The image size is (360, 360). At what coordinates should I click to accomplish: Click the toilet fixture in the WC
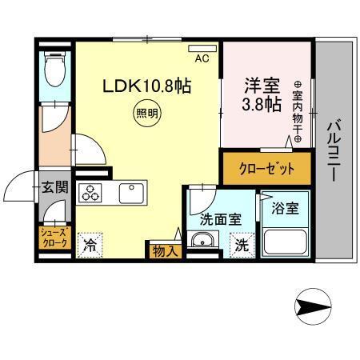(x=54, y=73)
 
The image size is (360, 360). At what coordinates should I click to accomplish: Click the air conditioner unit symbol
(x=206, y=47)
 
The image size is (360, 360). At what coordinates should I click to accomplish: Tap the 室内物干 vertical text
(x=298, y=112)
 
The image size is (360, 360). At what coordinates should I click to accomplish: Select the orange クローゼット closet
(x=266, y=169)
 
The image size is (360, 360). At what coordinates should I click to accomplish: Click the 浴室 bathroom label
(x=285, y=210)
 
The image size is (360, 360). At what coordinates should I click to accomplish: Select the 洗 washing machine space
(x=241, y=246)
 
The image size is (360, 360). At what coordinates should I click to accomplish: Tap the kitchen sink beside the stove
(x=130, y=194)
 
